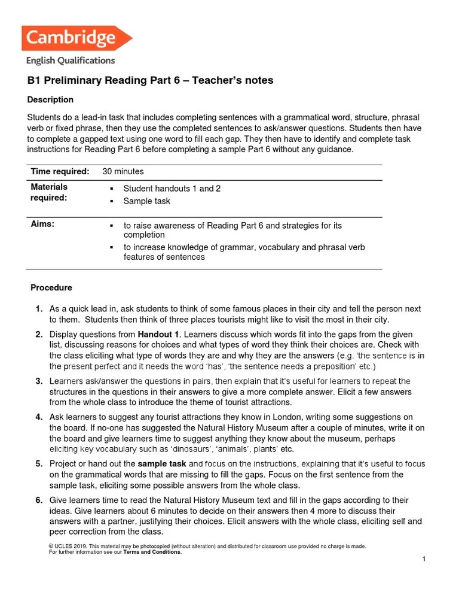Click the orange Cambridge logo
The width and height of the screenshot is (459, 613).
pyautogui.click(x=76, y=38)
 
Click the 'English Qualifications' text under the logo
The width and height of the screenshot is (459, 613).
pyautogui.click(x=71, y=60)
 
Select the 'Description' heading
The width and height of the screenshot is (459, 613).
pyautogui.click(x=51, y=99)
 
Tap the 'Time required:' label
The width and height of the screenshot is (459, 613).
pyautogui.click(x=60, y=171)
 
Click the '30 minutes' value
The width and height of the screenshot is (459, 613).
pyautogui.click(x=123, y=171)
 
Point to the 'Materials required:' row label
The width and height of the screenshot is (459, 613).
pyautogui.click(x=50, y=192)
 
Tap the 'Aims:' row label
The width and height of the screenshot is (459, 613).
pyautogui.click(x=42, y=223)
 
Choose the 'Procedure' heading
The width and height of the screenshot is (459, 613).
pyautogui.click(x=51, y=288)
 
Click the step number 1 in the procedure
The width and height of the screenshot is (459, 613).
pyautogui.click(x=38, y=309)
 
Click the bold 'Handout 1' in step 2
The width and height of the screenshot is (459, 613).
pyautogui.click(x=158, y=334)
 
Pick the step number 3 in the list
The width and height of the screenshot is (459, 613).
pyautogui.click(x=38, y=381)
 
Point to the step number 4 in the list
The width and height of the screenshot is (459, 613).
pyautogui.click(x=38, y=417)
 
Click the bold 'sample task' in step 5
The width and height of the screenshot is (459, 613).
pyautogui.click(x=162, y=463)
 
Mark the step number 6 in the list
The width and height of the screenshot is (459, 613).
pyautogui.click(x=38, y=500)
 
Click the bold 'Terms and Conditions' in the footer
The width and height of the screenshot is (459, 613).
pyautogui.click(x=152, y=552)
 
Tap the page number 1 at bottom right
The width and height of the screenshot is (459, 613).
pyautogui.click(x=423, y=559)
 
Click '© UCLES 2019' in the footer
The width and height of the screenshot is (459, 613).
pyautogui.click(x=67, y=546)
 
